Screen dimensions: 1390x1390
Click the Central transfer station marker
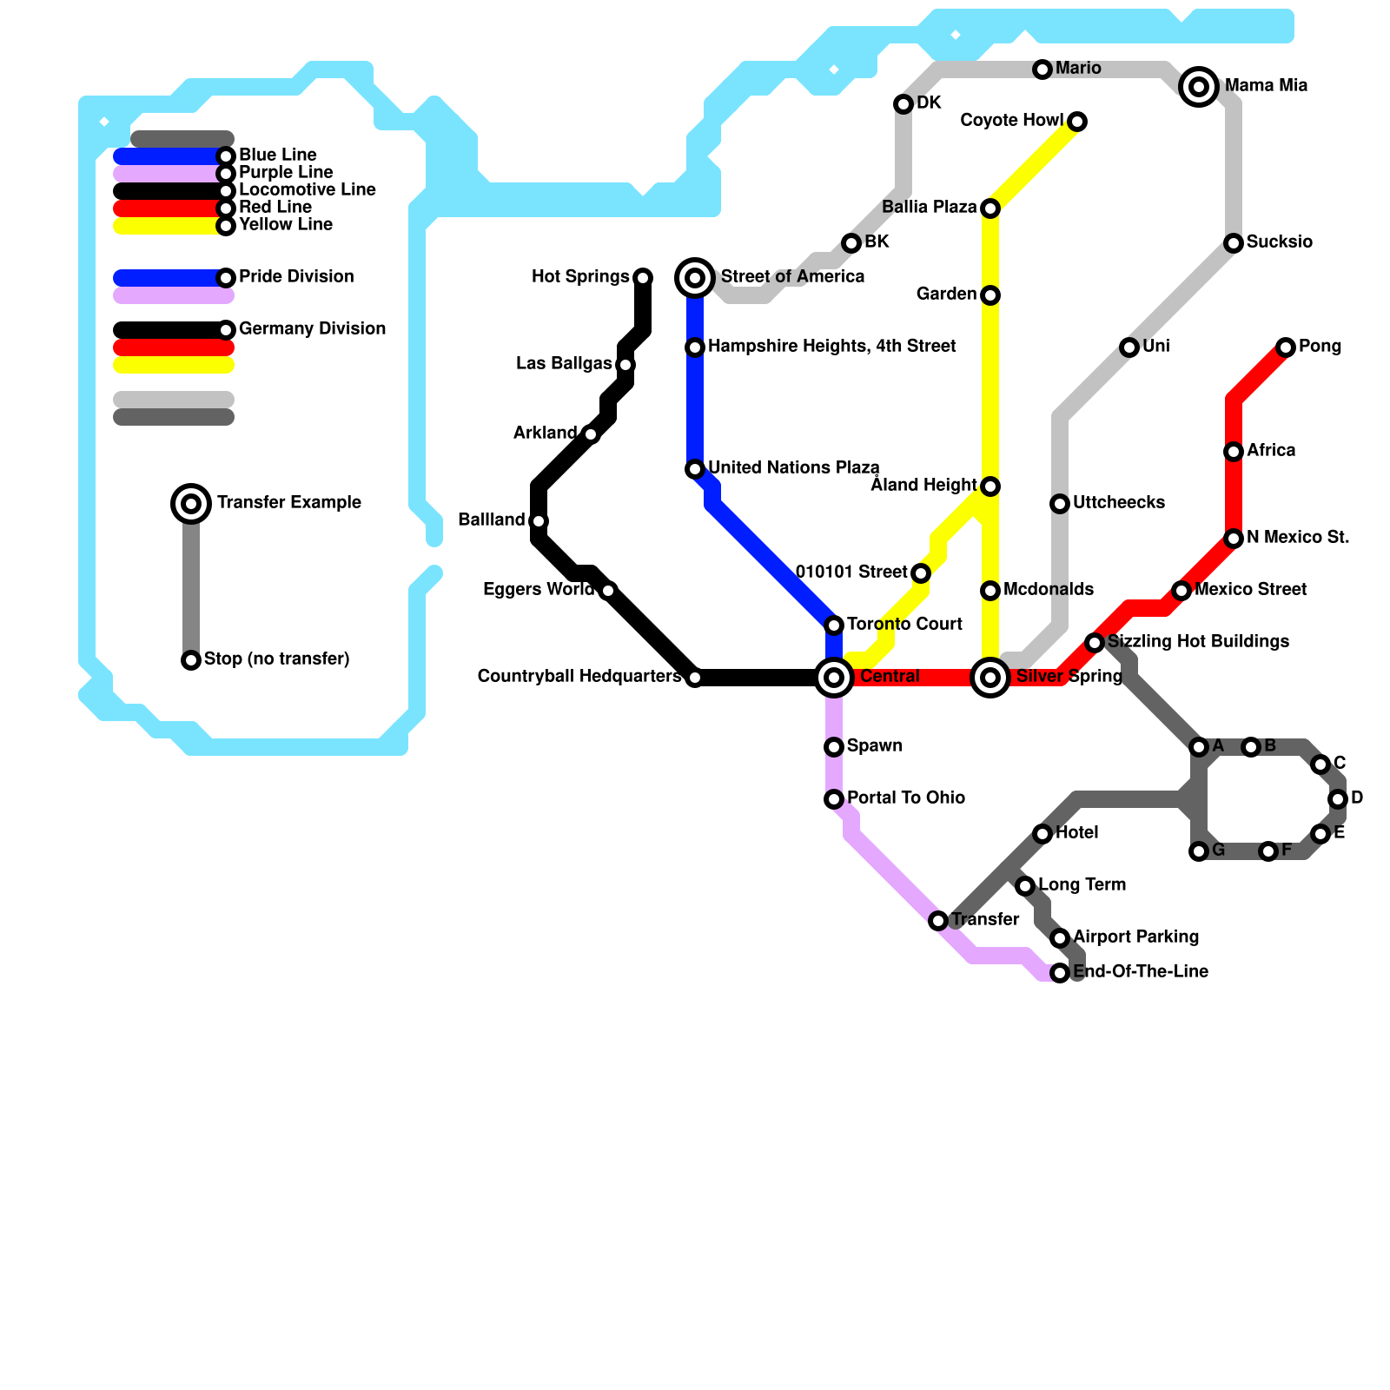tap(834, 677)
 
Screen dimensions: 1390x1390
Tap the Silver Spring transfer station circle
tap(990, 677)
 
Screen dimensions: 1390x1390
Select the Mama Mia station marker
tap(1199, 86)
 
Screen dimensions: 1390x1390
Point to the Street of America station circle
tap(695, 277)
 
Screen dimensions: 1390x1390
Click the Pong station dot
tap(1286, 347)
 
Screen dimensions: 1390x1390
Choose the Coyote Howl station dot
tap(1077, 122)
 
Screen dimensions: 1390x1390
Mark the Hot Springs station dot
tap(643, 278)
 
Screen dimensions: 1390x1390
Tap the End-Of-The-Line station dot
tap(1060, 973)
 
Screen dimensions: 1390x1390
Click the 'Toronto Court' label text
tap(904, 624)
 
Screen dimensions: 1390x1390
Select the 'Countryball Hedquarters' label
tap(579, 676)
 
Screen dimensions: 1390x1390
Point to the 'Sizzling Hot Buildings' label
tap(1198, 641)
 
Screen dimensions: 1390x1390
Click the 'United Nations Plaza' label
tap(793, 467)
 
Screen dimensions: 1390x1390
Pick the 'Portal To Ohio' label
tap(905, 798)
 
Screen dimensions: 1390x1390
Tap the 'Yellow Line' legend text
tap(286, 224)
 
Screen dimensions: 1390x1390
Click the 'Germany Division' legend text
tap(312, 328)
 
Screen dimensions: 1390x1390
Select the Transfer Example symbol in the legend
tap(191, 503)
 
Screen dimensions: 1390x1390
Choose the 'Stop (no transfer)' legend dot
tap(191, 660)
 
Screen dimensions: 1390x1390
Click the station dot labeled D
tap(1338, 799)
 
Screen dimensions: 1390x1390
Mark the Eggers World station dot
tap(608, 591)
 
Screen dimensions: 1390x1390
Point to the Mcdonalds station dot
tap(990, 591)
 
